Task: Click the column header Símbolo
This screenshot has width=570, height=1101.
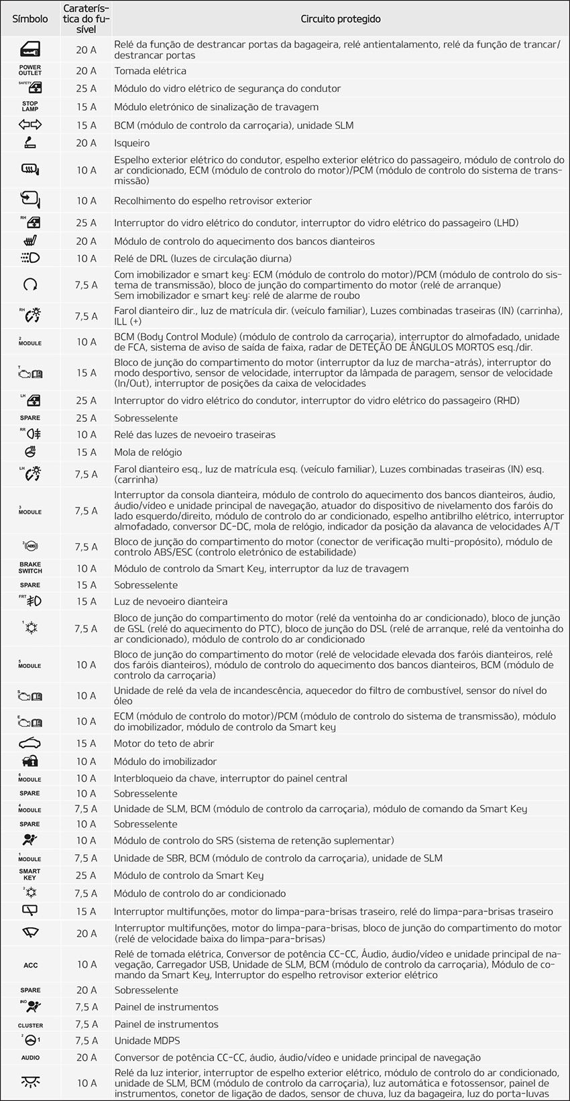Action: click(x=30, y=19)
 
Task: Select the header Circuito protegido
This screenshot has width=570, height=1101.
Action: click(x=341, y=19)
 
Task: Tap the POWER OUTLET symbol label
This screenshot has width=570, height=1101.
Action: click(x=30, y=70)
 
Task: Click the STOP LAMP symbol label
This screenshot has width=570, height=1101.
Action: click(x=30, y=107)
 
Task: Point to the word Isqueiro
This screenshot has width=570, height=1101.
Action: click(x=132, y=143)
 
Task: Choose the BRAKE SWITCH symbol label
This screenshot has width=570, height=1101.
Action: click(x=30, y=568)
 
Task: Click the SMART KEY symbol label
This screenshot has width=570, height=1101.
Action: click(x=30, y=875)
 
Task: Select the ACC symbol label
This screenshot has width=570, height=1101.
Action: click(x=30, y=965)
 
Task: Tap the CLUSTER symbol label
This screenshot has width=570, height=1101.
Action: click(x=30, y=1025)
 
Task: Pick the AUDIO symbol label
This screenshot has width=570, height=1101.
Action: click(x=30, y=1057)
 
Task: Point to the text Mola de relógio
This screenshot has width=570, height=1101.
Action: click(x=148, y=453)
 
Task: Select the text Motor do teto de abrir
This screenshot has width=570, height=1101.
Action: click(x=164, y=744)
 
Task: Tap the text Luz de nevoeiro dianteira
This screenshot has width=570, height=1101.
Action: click(x=170, y=601)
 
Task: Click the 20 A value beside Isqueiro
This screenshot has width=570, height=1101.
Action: click(x=86, y=143)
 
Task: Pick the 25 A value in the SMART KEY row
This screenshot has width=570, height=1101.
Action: click(x=86, y=875)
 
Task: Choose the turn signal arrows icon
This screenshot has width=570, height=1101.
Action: click(x=30, y=125)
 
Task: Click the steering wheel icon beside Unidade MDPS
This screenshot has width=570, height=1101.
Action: click(x=30, y=1040)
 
